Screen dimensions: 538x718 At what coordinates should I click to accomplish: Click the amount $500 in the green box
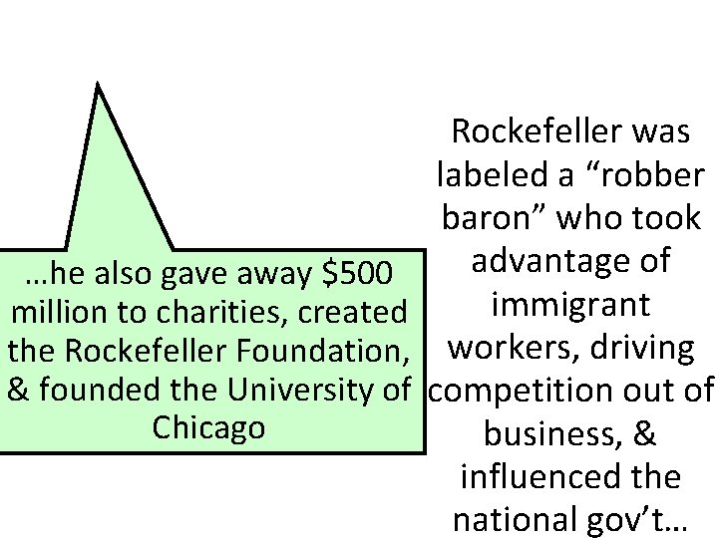point(352,271)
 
